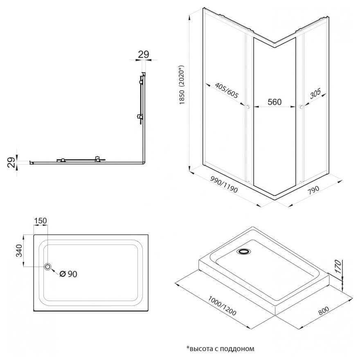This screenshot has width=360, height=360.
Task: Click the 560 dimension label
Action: click(274, 102)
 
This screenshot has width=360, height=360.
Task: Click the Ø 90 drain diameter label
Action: click(68, 274)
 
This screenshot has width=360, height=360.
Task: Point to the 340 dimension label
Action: click(18, 250)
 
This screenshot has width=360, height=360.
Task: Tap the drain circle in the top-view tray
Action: click(48, 267)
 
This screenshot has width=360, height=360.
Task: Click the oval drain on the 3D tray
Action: click(244, 252)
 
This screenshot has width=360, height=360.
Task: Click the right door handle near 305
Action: click(301, 107)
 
